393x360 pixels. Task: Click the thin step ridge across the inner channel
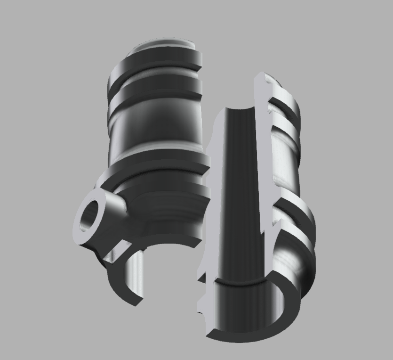240,283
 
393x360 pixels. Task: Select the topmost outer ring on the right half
287,101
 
